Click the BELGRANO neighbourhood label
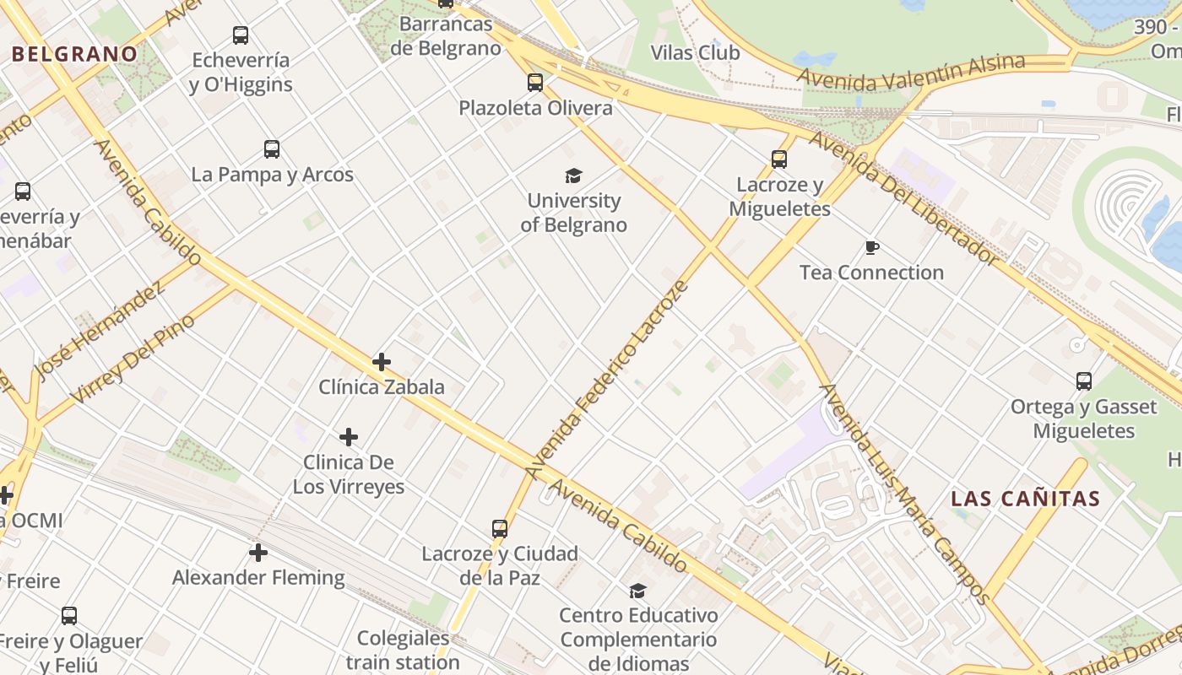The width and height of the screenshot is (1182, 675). click(74, 54)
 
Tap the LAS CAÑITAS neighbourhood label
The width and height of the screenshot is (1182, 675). click(1026, 499)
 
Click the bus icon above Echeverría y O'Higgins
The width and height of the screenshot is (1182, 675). click(241, 35)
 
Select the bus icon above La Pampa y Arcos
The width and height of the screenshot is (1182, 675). click(272, 149)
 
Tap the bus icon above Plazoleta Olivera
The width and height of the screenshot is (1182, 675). click(535, 83)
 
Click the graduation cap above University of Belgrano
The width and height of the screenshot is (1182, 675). click(574, 175)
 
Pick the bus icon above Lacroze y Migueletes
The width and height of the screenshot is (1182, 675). click(779, 159)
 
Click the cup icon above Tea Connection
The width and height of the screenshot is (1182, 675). click(872, 247)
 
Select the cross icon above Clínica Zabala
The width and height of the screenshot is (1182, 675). click(382, 362)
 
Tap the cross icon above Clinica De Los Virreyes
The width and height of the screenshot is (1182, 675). click(349, 437)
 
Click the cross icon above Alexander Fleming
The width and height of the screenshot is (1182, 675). click(258, 553)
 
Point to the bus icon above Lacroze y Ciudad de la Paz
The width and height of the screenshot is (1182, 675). click(500, 529)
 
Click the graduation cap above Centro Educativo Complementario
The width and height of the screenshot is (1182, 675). click(638, 591)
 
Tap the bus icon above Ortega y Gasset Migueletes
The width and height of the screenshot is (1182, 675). click(1084, 381)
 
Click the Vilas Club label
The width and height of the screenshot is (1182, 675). click(695, 53)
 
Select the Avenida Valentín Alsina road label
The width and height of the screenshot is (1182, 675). click(912, 73)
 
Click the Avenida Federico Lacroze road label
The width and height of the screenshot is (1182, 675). click(607, 380)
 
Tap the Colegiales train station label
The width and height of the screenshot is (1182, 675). click(403, 650)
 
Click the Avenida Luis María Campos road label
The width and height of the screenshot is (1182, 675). click(904, 494)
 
